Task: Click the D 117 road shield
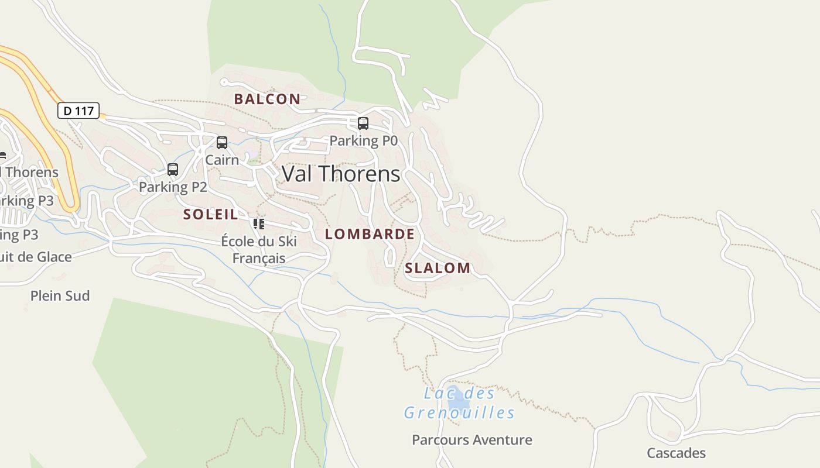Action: click(x=78, y=111)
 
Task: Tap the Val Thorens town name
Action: click(x=341, y=174)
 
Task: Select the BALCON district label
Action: click(x=267, y=99)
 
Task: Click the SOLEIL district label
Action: click(x=211, y=214)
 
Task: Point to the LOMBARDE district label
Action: click(x=370, y=234)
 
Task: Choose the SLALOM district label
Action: click(x=438, y=268)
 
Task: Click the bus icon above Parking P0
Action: click(x=363, y=123)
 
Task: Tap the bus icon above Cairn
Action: click(x=222, y=143)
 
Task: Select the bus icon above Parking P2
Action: click(x=173, y=170)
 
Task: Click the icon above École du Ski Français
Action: click(x=259, y=223)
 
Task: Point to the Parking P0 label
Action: click(x=363, y=140)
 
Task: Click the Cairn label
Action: click(x=222, y=160)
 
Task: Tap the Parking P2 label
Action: click(x=173, y=187)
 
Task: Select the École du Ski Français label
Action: click(x=259, y=250)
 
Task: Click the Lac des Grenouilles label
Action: click(x=459, y=403)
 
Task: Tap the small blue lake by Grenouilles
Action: click(x=457, y=400)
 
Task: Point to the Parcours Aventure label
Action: click(x=472, y=440)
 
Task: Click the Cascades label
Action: click(x=676, y=453)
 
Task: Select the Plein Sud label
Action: click(x=60, y=296)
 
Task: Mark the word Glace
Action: click(x=54, y=257)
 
